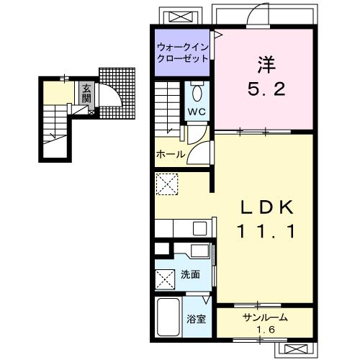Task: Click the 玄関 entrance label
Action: [x=86, y=94]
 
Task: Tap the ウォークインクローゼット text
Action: [x=182, y=53]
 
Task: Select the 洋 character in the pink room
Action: [x=266, y=65]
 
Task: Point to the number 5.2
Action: [x=266, y=89]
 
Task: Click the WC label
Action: [x=197, y=112]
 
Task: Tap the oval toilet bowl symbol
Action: [x=197, y=94]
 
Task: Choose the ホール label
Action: [x=171, y=154]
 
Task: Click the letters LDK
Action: [x=267, y=207]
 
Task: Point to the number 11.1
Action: [x=266, y=231]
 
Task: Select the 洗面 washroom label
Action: [x=190, y=274]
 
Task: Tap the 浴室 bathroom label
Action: [x=197, y=319]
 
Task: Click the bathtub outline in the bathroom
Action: [x=168, y=317]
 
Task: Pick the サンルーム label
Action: [x=265, y=318]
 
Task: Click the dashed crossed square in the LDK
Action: [x=167, y=184]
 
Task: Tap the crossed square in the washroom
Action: [x=165, y=279]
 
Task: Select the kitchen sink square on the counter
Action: [x=200, y=229]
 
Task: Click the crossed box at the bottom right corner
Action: [x=295, y=348]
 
